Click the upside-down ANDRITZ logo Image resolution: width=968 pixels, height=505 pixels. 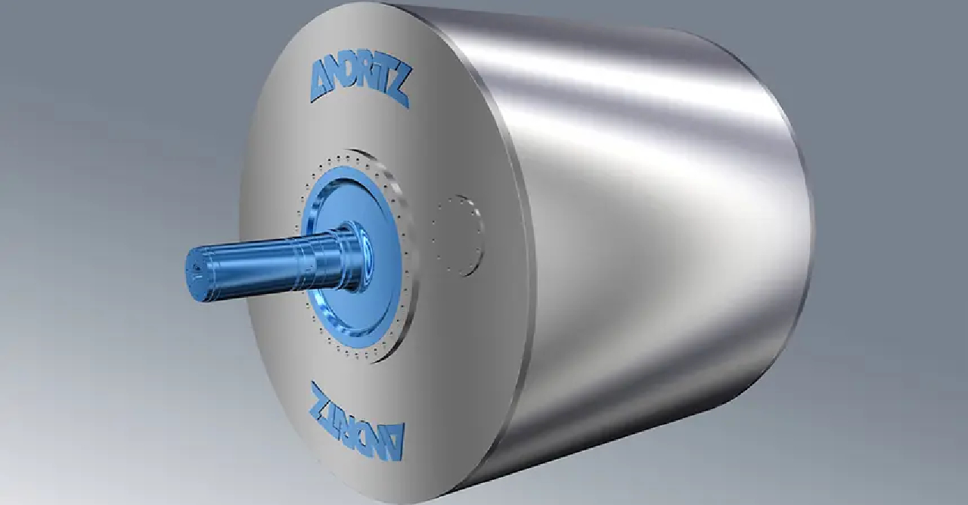click(356, 419)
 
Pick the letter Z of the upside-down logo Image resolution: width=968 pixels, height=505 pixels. click(321, 401)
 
